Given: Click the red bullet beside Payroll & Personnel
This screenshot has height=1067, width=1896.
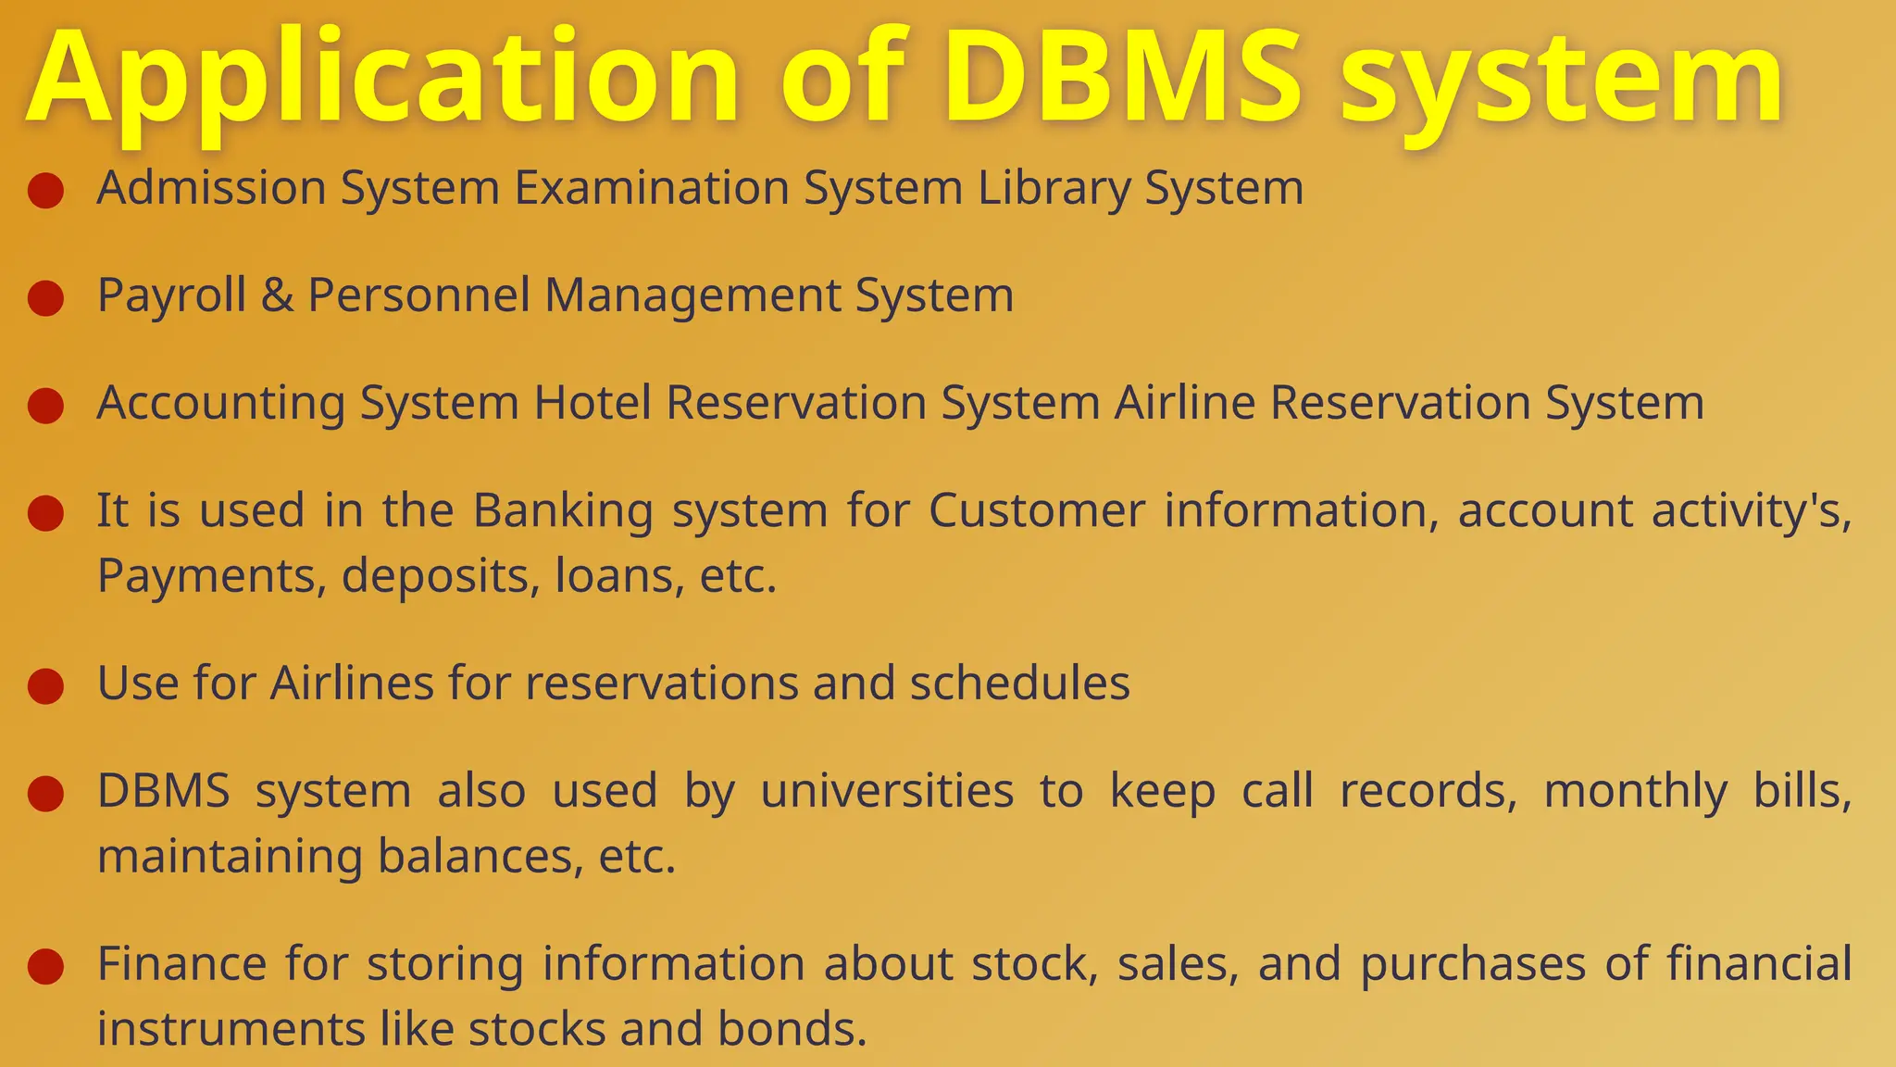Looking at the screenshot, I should point(45,298).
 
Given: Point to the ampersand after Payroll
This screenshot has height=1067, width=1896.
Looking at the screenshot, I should point(277,296).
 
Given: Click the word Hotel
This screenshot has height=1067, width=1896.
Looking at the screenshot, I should point(592,404).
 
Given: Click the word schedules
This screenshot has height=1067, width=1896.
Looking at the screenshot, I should point(1019,684).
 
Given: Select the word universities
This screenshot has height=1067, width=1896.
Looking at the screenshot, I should point(887,792).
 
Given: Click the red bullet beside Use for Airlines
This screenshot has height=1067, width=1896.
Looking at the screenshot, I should point(45,686).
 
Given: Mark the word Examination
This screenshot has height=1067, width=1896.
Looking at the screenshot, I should point(652,189).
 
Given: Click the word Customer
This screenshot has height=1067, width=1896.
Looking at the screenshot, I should point(1037,511).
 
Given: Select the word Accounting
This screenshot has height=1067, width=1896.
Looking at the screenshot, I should point(220,405).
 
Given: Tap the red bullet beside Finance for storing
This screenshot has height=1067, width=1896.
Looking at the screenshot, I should point(45,966).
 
